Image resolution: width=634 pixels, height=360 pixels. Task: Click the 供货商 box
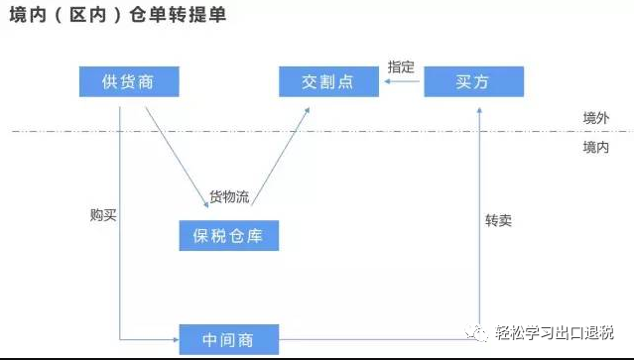tap(128, 81)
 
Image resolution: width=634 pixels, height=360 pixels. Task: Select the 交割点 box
tap(327, 81)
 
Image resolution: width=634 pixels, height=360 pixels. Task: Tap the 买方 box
tap(473, 81)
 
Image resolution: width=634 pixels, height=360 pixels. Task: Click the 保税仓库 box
tap(228, 236)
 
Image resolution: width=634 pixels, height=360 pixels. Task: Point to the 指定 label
tap(401, 66)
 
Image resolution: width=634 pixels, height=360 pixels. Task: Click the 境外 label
tap(595, 118)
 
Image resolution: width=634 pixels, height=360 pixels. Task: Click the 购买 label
tap(103, 214)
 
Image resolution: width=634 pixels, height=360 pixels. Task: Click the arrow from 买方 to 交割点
tap(401, 82)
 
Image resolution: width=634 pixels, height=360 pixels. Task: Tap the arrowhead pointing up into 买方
tap(480, 102)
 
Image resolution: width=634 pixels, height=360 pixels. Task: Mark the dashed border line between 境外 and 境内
tap(298, 130)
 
